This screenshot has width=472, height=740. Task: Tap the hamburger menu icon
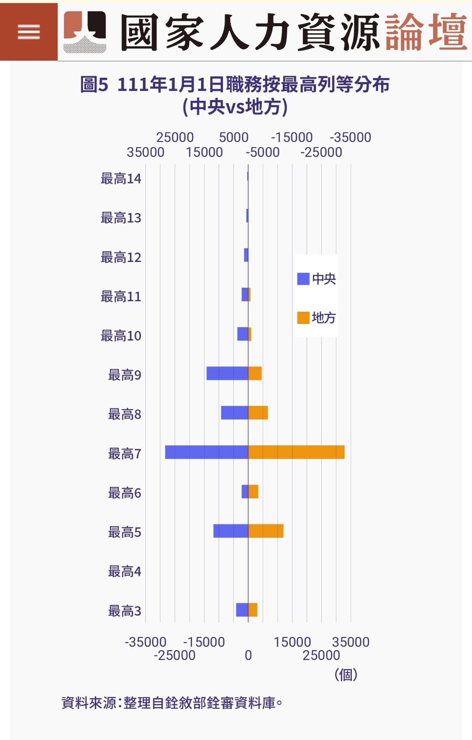click(29, 32)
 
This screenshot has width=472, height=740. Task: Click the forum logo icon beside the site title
click(85, 31)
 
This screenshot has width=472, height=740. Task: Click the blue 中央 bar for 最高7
click(206, 452)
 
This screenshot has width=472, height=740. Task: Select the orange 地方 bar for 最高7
click(296, 452)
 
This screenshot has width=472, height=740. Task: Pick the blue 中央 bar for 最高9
click(227, 373)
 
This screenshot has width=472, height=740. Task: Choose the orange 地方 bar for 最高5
click(266, 531)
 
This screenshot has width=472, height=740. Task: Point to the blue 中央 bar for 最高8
click(234, 413)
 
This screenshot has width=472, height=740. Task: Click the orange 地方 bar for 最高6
click(253, 492)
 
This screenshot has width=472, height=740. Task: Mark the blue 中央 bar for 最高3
click(242, 610)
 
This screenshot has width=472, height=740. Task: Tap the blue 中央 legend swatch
click(303, 279)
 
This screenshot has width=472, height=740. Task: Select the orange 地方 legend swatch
click(303, 318)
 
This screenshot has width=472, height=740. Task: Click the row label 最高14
click(121, 179)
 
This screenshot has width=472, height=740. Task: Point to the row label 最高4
click(125, 571)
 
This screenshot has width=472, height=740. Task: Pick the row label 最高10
click(121, 336)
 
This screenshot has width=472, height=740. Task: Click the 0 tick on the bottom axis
click(248, 655)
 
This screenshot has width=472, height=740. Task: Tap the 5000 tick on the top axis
click(233, 138)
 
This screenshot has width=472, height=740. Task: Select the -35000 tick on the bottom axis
click(146, 642)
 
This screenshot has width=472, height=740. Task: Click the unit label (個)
click(346, 675)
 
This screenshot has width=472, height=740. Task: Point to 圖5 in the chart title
click(94, 85)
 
